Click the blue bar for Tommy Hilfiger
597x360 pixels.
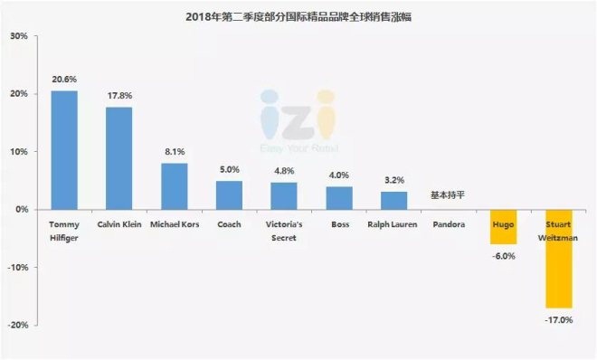pyautogui.click(x=64, y=150)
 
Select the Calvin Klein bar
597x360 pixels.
pyautogui.click(x=119, y=158)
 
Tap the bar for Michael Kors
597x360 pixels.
pyautogui.click(x=175, y=186)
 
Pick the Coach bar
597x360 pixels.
pyautogui.click(x=230, y=195)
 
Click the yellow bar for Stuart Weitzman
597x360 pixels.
pyautogui.click(x=559, y=259)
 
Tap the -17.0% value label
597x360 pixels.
pyautogui.click(x=559, y=318)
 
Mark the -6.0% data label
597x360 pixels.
pyautogui.click(x=504, y=255)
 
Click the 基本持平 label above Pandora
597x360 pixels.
pyautogui.click(x=449, y=195)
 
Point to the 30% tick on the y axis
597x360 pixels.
pyautogui.click(x=18, y=36)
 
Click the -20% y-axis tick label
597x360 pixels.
pyautogui.click(x=16, y=325)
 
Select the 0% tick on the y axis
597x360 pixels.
pyautogui.click(x=21, y=210)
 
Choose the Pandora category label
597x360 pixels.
pyautogui.click(x=449, y=223)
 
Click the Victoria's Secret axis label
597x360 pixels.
pyautogui.click(x=284, y=229)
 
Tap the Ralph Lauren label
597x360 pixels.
pyautogui.click(x=393, y=223)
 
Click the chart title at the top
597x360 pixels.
pyautogui.click(x=298, y=15)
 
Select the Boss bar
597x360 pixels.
pyautogui.click(x=339, y=198)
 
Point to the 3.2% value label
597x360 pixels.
pyautogui.click(x=393, y=181)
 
